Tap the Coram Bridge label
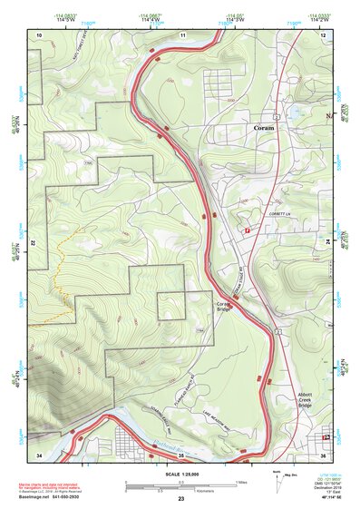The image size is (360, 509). click(223, 307)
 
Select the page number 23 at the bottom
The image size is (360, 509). click(180, 500)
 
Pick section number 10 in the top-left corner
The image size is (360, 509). click(39, 34)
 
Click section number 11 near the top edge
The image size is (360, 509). click(182, 34)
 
